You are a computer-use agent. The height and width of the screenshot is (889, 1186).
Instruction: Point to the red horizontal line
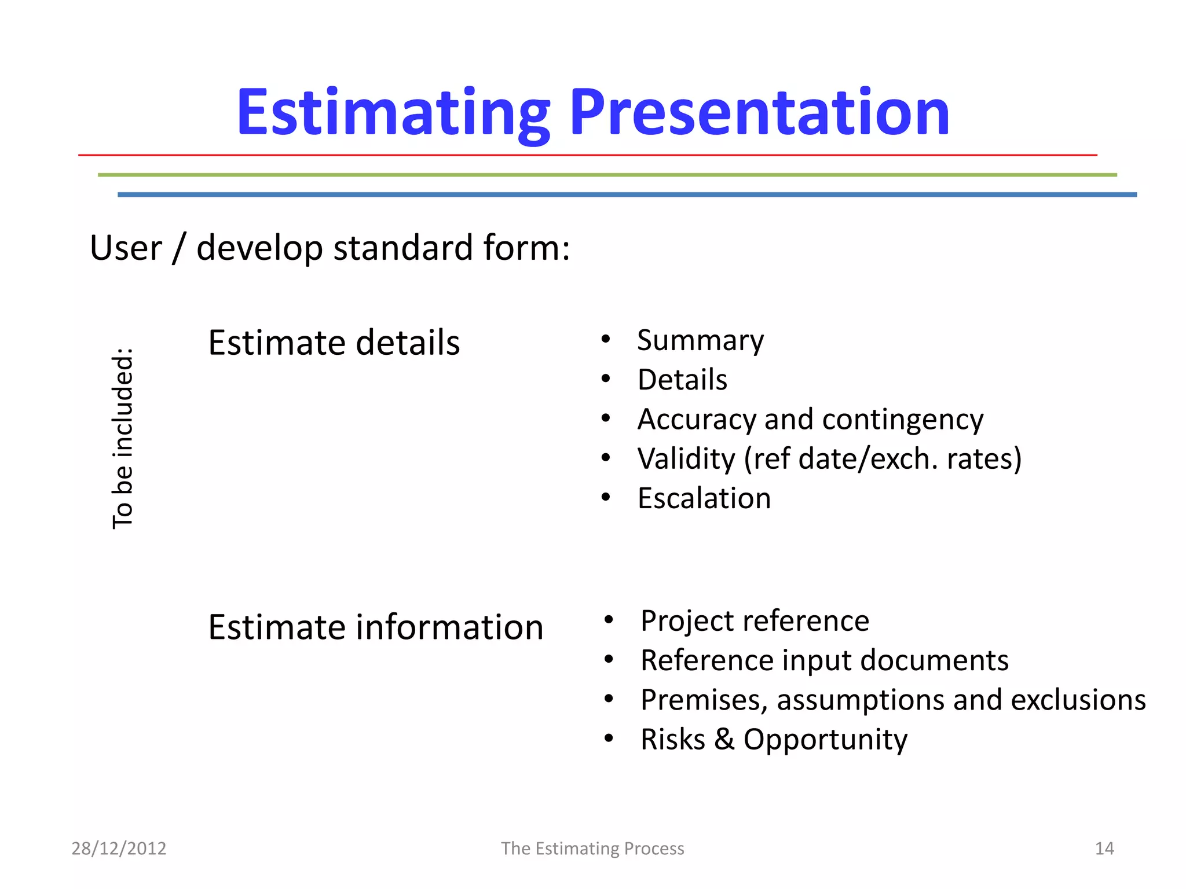pyautogui.click(x=587, y=155)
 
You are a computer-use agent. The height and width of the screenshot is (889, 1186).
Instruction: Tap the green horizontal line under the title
pyautogui.click(x=607, y=175)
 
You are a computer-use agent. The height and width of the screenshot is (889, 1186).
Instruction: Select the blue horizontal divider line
pyautogui.click(x=627, y=195)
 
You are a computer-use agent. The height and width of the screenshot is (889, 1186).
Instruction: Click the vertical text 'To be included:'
pyautogui.click(x=123, y=438)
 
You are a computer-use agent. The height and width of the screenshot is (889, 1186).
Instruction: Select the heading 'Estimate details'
pyautogui.click(x=334, y=343)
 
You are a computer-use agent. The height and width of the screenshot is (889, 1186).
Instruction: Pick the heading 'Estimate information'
pyautogui.click(x=375, y=627)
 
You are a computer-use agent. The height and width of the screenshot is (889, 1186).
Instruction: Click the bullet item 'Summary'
pyautogui.click(x=700, y=340)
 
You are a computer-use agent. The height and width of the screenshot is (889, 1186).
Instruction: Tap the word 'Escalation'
pyautogui.click(x=704, y=498)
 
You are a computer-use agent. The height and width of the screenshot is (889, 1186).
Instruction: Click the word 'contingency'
pyautogui.click(x=902, y=420)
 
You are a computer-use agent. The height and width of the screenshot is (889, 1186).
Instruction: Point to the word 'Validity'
pyautogui.click(x=686, y=459)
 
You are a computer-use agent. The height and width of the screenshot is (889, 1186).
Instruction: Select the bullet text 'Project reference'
pyautogui.click(x=755, y=621)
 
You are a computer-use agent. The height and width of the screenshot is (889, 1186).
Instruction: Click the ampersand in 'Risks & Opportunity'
pyautogui.click(x=724, y=739)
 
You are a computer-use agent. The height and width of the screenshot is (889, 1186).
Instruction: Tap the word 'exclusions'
pyautogui.click(x=1078, y=700)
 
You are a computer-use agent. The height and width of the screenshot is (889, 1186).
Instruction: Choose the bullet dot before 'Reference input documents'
pyautogui.click(x=608, y=660)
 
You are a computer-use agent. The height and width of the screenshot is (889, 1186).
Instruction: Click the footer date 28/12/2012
pyautogui.click(x=119, y=848)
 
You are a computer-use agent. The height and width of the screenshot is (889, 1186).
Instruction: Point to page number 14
pyautogui.click(x=1104, y=848)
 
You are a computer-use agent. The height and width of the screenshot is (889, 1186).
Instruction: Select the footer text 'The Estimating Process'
pyautogui.click(x=592, y=848)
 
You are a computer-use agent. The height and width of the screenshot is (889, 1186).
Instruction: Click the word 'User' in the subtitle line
pyautogui.click(x=126, y=248)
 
